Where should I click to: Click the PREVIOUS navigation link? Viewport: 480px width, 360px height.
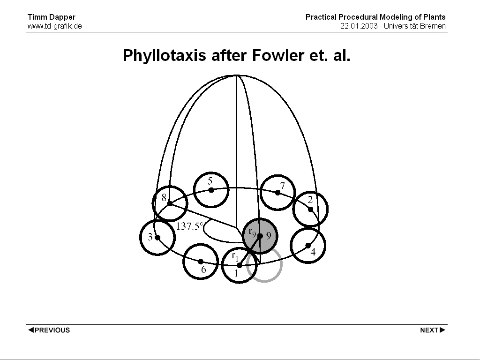click(x=49, y=330)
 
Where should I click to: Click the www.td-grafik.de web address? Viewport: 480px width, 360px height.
click(x=54, y=26)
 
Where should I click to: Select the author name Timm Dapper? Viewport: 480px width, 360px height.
click(x=52, y=17)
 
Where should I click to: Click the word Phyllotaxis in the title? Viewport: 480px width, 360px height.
click(x=164, y=56)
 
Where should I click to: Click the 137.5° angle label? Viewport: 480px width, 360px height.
click(x=190, y=226)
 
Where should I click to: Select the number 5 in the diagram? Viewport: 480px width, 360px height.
click(x=210, y=181)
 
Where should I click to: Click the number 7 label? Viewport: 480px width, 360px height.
click(x=283, y=186)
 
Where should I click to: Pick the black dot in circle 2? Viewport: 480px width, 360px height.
click(x=310, y=209)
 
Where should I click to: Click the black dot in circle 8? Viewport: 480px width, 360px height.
click(x=170, y=203)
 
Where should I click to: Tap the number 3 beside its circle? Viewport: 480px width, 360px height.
click(x=150, y=237)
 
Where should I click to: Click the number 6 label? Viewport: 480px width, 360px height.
click(x=203, y=270)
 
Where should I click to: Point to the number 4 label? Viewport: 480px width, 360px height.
click(x=313, y=252)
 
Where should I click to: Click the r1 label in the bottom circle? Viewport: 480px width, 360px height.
click(x=235, y=256)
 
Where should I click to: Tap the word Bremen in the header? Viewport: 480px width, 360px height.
click(x=433, y=26)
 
